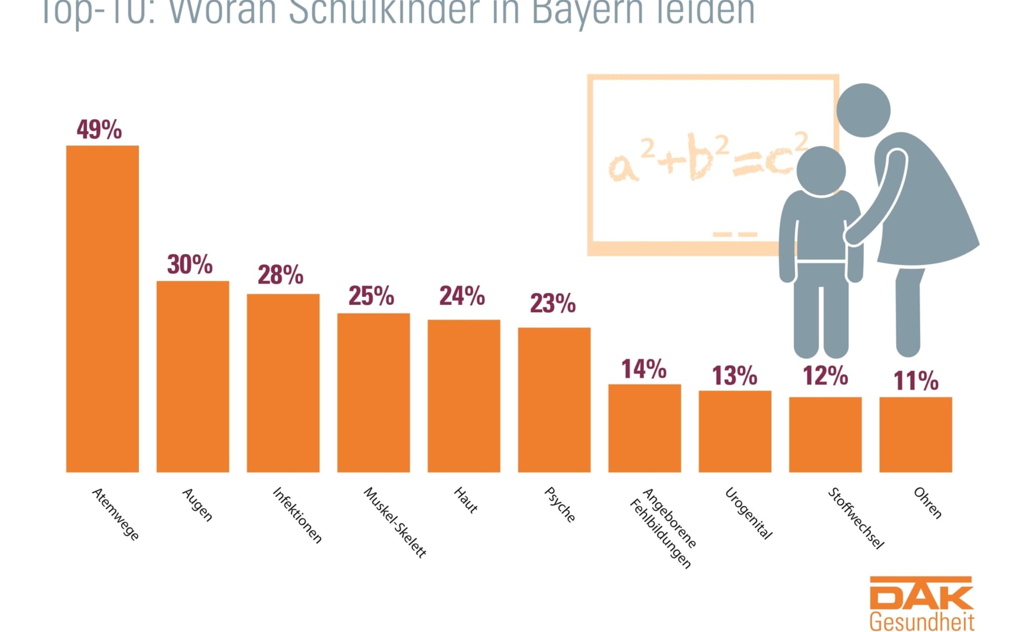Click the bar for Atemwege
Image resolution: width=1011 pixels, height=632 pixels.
point(102,309)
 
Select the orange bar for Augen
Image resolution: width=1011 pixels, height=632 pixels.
point(193,376)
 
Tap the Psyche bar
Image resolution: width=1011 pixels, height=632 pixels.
point(554,399)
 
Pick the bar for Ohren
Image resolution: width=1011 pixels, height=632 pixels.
point(915,434)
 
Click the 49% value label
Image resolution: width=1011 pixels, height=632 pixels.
point(99,130)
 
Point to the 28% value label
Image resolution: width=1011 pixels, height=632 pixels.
point(280,275)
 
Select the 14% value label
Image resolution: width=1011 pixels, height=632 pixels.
point(644,369)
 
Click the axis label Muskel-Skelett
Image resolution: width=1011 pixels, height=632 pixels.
point(394,522)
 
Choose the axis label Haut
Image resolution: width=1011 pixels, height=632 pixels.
point(466,500)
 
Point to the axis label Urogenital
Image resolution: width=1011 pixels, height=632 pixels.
point(748,513)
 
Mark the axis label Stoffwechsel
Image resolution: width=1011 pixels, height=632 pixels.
point(855,518)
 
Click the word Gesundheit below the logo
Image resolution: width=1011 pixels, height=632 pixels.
point(922,622)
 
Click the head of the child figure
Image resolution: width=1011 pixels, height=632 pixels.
point(821,171)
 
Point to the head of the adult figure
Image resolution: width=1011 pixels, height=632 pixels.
point(863,110)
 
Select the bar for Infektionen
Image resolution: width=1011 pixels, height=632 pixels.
point(283,383)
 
